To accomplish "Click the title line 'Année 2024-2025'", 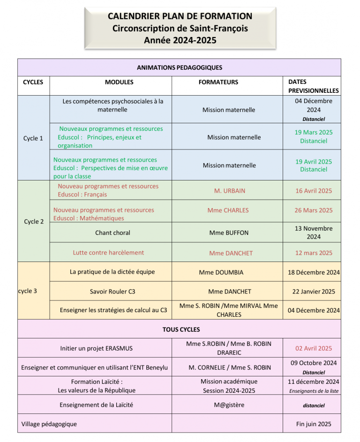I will [x=180, y=40].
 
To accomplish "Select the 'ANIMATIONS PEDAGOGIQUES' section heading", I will [x=180, y=67].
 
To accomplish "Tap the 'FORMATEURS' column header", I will [x=218, y=82].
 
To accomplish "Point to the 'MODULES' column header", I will [x=119, y=82].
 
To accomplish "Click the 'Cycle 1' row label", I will [x=33, y=138].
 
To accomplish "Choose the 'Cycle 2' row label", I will [x=34, y=221].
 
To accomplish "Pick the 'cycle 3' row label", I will [x=28, y=291].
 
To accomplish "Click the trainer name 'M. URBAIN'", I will [x=230, y=191].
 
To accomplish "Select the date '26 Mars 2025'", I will [x=314, y=210].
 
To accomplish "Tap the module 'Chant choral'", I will [x=112, y=232].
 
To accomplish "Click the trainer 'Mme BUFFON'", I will [x=229, y=232].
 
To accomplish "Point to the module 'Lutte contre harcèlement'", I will [x=108, y=253].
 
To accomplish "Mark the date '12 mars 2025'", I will [x=314, y=253].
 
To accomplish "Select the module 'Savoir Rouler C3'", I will [x=112, y=292].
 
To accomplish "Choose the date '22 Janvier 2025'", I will [x=314, y=292].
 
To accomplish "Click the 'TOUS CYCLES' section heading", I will [x=181, y=330].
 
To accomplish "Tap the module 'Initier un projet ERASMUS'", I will [x=97, y=348].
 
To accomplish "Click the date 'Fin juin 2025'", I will [x=314, y=424].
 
